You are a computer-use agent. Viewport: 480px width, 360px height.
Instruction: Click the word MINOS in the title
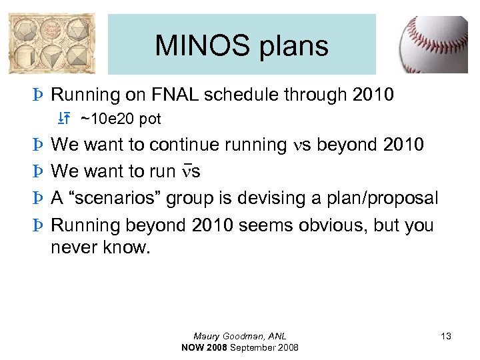[193, 46]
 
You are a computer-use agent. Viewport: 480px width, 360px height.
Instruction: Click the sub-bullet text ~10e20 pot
[121, 119]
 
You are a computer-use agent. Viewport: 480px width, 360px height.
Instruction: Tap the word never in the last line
[73, 248]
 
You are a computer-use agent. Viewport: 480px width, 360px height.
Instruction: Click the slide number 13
[445, 337]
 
